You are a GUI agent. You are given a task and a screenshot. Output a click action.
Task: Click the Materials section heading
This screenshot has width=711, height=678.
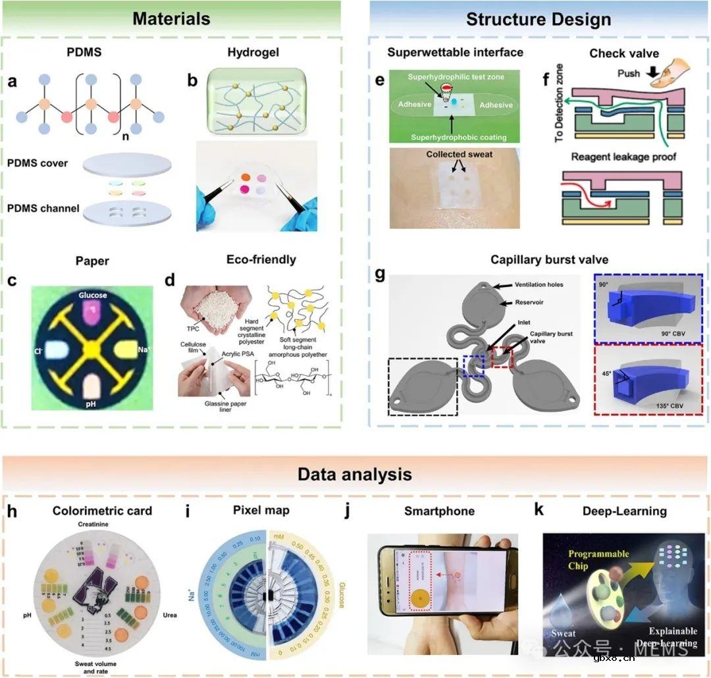pos(171,18)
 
